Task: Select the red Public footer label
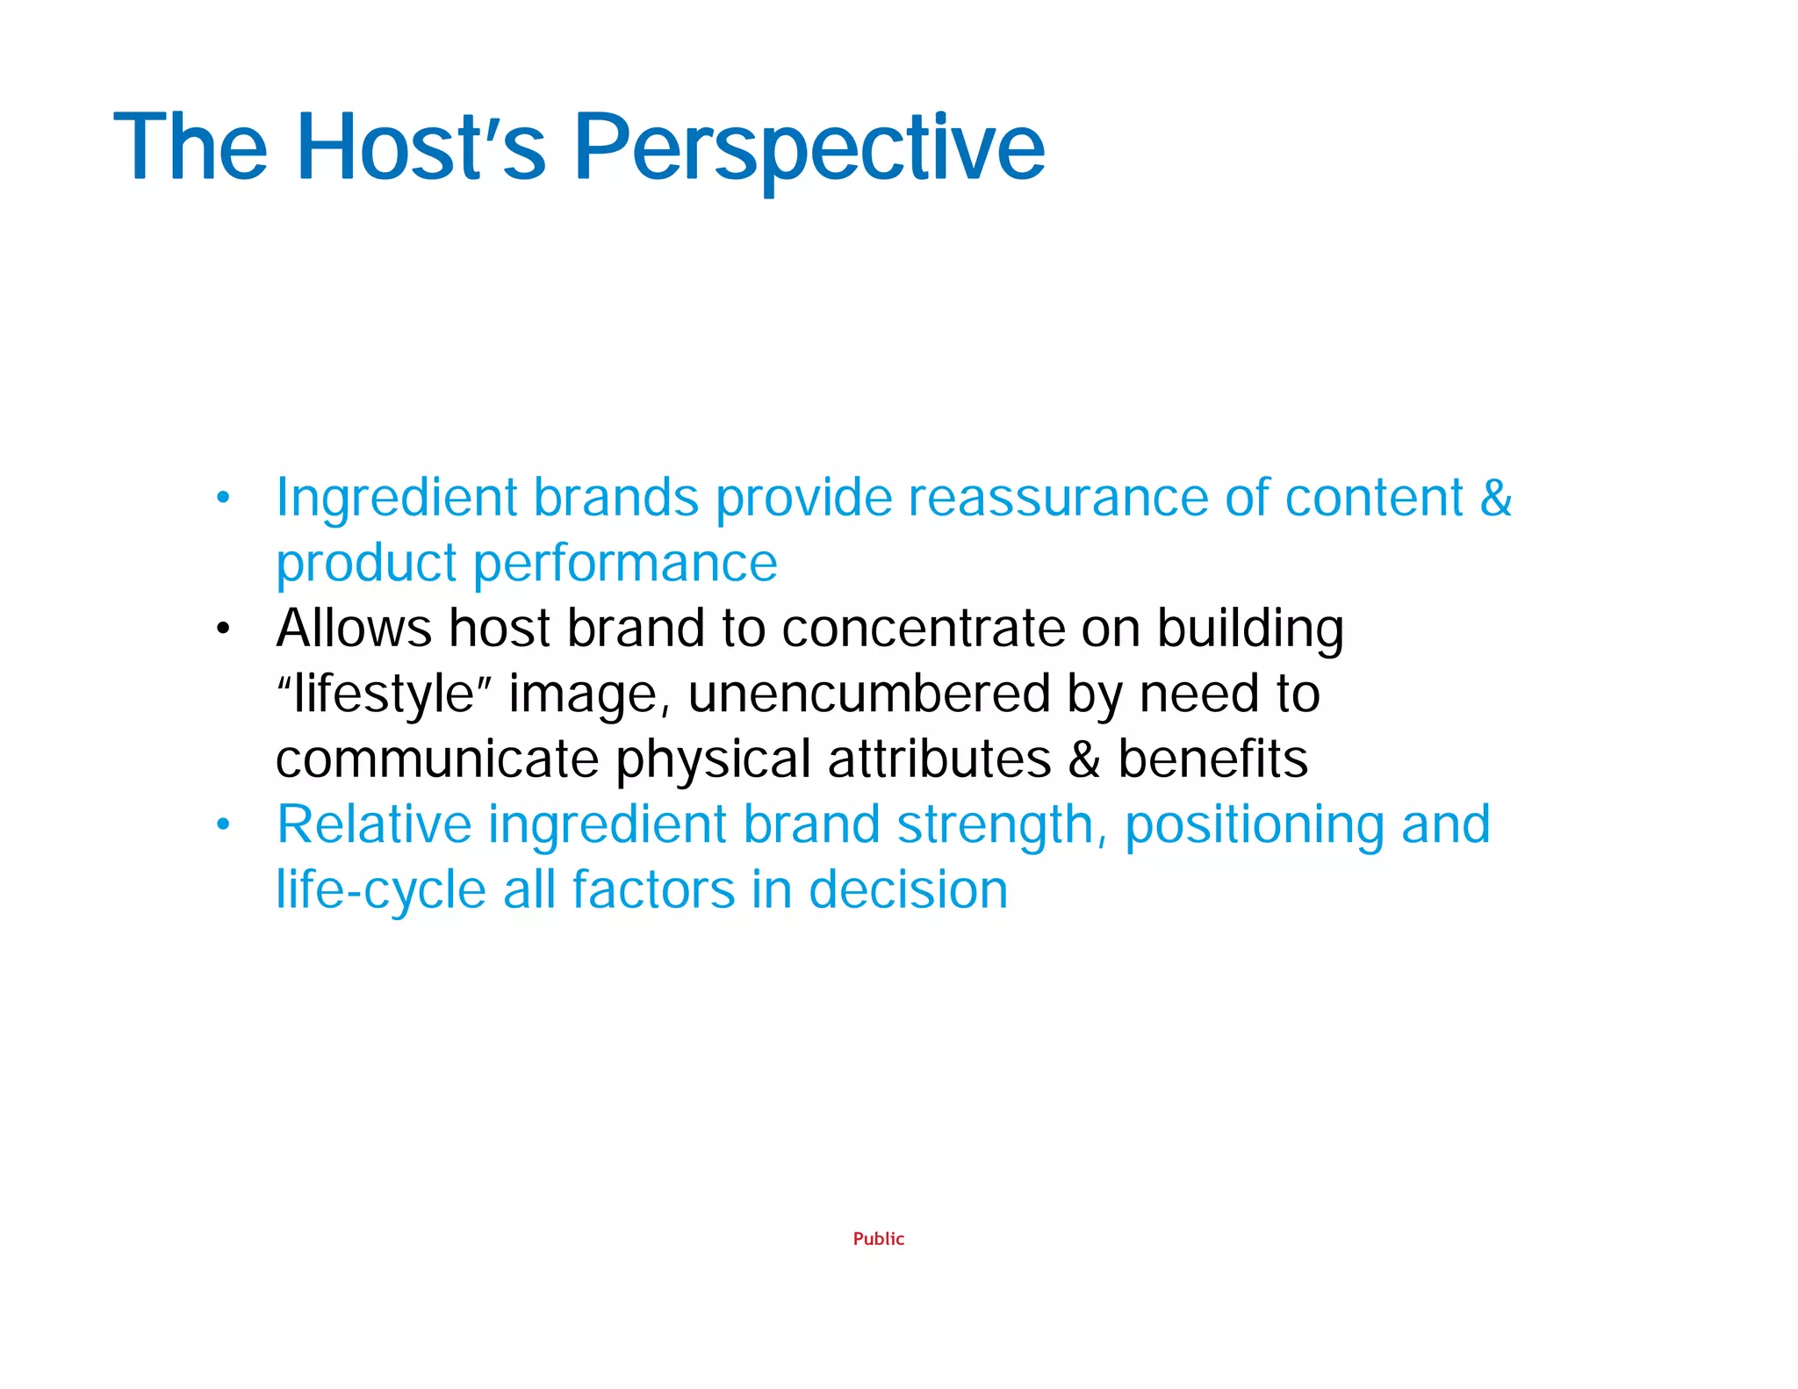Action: pyautogui.click(x=878, y=1239)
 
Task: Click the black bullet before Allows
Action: pyautogui.click(x=223, y=629)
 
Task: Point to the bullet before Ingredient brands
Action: pyautogui.click(x=223, y=498)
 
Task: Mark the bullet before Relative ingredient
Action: pyautogui.click(x=223, y=824)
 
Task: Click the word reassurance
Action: pyautogui.click(x=1058, y=498)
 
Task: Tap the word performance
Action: pyautogui.click(x=625, y=564)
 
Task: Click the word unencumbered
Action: pyautogui.click(x=868, y=694)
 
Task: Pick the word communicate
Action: pyautogui.click(x=436, y=759)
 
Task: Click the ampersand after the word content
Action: pyautogui.click(x=1495, y=498)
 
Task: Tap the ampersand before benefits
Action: pyautogui.click(x=1084, y=759)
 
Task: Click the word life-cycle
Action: pyautogui.click(x=381, y=890)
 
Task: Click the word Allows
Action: pyautogui.click(x=354, y=629)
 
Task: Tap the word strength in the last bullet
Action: pyautogui.click(x=994, y=825)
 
